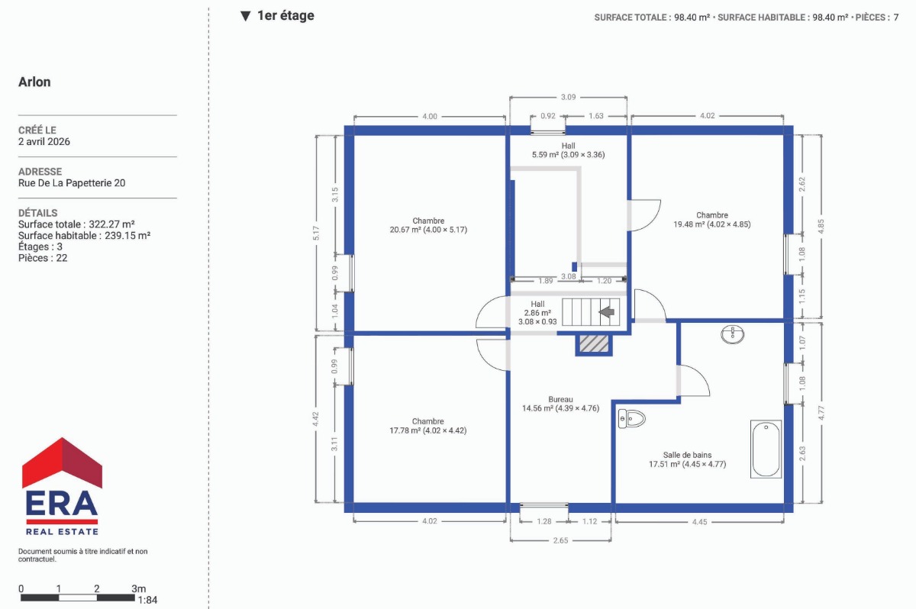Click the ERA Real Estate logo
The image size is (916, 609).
click(62, 486)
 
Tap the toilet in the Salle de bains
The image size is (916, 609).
click(631, 418)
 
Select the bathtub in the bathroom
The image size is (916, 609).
click(766, 449)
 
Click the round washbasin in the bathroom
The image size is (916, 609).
click(732, 334)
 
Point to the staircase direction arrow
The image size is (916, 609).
click(607, 312)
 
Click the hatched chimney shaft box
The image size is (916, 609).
click(594, 343)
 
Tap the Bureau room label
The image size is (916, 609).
click(560, 399)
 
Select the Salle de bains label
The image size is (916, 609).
click(688, 455)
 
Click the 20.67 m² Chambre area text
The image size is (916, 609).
click(428, 230)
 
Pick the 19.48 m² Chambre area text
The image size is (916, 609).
click(712, 224)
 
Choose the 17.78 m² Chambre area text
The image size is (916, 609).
click(427, 430)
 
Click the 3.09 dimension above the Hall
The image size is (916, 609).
click(568, 97)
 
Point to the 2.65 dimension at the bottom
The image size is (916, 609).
click(560, 540)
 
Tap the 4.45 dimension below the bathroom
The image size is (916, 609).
click(700, 522)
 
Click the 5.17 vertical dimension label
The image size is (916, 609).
click(316, 233)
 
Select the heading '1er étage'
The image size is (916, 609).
click(285, 15)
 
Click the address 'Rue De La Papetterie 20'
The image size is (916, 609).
click(72, 182)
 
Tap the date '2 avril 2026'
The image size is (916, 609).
click(44, 141)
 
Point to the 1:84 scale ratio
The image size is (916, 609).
click(147, 600)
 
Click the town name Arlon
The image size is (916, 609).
click(34, 82)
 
